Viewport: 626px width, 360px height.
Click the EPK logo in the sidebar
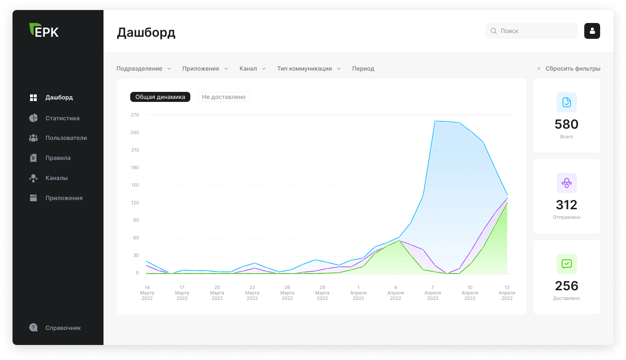point(44,30)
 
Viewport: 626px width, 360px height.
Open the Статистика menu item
point(62,118)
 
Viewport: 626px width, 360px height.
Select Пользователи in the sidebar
point(66,138)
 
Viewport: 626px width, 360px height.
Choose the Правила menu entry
point(58,158)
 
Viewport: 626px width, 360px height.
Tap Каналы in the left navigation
point(56,178)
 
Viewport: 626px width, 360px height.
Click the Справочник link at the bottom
point(63,328)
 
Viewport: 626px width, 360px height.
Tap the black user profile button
point(592,31)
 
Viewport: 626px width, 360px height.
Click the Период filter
point(363,68)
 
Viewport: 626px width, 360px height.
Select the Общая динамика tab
point(160,97)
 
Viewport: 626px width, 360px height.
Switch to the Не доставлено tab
point(223,97)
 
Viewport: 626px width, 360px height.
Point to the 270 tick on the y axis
point(135,115)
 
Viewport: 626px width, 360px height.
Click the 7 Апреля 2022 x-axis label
point(433,293)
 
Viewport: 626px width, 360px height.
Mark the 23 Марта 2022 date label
point(252,293)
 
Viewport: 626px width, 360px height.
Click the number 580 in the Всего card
point(566,124)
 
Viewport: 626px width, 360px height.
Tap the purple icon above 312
point(567,183)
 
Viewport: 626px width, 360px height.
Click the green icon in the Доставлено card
point(567,264)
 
